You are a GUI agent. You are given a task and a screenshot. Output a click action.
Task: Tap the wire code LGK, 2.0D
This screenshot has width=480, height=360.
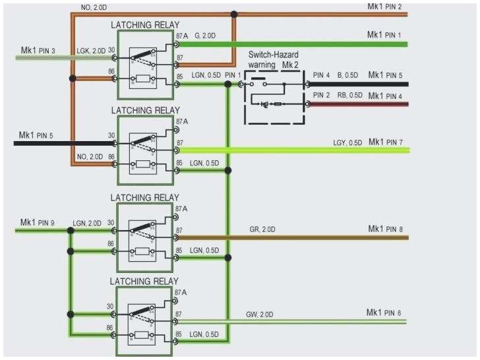tap(89, 51)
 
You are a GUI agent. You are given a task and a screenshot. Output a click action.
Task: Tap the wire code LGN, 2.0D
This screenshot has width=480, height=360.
tap(87, 223)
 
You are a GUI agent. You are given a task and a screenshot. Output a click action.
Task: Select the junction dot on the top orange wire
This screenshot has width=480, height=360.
tap(234, 13)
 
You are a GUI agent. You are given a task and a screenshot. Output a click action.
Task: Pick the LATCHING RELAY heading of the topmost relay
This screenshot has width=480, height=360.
tap(144, 24)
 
